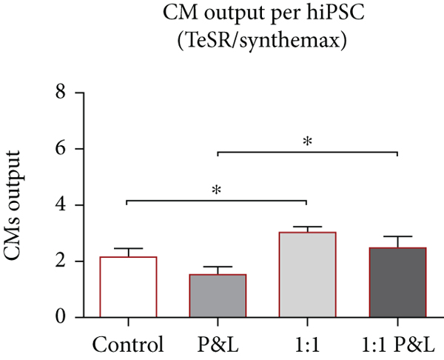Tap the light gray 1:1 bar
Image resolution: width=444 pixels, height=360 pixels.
(x=307, y=275)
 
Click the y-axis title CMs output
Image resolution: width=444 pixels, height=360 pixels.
(x=22, y=215)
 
